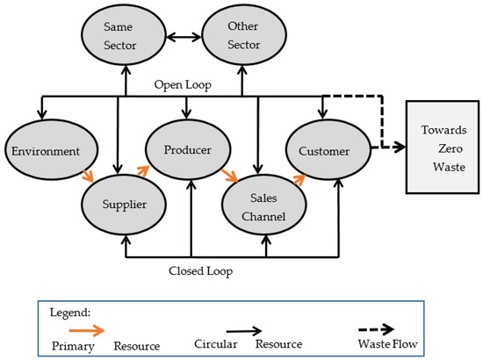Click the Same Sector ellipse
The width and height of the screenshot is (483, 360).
(x=124, y=35)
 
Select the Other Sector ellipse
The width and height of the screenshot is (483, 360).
(x=244, y=35)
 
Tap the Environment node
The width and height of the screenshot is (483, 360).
(x=52, y=150)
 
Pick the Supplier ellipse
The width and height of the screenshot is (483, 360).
(x=124, y=205)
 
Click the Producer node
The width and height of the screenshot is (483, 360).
(x=188, y=150)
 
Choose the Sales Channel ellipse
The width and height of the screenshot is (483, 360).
(x=264, y=205)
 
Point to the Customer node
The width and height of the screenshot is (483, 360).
(x=328, y=150)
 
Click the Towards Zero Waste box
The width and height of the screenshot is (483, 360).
(x=443, y=148)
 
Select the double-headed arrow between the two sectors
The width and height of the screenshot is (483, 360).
(x=184, y=38)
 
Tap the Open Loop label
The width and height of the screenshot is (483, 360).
(x=183, y=84)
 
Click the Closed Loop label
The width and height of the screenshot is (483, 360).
(x=200, y=271)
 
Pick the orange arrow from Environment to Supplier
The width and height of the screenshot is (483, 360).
(x=88, y=176)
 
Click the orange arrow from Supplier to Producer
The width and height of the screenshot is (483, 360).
(x=143, y=170)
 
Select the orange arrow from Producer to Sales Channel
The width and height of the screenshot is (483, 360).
(x=230, y=176)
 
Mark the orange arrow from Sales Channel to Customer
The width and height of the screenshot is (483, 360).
(x=299, y=179)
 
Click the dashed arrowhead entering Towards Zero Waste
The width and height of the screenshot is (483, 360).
(x=400, y=148)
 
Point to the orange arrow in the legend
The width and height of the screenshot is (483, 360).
(x=87, y=331)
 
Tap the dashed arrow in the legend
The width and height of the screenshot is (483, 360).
(x=376, y=329)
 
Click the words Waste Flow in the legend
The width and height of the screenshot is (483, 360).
(x=388, y=343)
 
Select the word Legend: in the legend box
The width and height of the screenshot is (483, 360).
(x=70, y=313)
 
